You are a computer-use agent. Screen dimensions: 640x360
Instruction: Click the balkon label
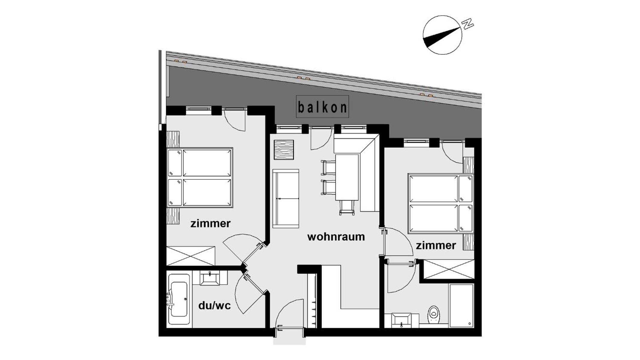click(x=323, y=107)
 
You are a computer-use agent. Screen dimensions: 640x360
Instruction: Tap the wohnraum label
click(x=336, y=237)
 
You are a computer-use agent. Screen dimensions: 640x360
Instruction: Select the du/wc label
click(x=215, y=306)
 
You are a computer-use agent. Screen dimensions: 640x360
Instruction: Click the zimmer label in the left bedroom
click(x=210, y=223)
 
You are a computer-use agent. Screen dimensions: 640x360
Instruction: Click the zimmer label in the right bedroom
click(x=436, y=245)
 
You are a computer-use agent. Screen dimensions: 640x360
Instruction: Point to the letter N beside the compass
click(x=467, y=24)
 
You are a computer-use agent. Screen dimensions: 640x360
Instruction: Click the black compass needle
click(x=441, y=37)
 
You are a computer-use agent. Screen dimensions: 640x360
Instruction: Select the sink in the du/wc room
click(x=210, y=278)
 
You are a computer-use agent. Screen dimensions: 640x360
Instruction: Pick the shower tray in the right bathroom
click(x=461, y=305)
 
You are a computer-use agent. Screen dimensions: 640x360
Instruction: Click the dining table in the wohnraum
click(x=347, y=177)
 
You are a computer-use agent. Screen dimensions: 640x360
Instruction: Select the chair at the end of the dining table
click(x=347, y=208)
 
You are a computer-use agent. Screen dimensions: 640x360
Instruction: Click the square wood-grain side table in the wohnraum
click(x=284, y=150)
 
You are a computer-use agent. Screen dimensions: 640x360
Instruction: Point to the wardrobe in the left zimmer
click(x=191, y=256)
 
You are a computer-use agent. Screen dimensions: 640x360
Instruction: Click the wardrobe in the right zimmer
click(x=449, y=269)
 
